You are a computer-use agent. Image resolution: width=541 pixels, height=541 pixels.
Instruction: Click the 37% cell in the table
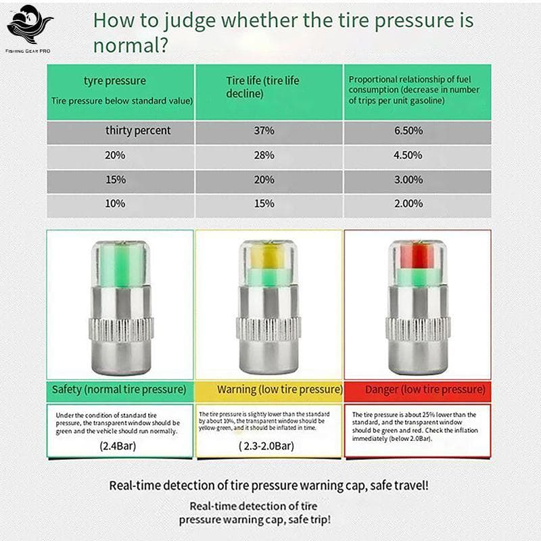point(264,131)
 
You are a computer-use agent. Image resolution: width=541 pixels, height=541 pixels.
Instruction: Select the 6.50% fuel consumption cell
point(408,131)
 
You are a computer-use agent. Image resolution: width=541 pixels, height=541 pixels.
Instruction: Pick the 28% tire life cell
point(264,155)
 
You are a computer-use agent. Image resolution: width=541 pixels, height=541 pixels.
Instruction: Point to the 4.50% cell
point(408,155)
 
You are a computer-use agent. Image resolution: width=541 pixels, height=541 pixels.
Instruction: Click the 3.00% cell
point(408,179)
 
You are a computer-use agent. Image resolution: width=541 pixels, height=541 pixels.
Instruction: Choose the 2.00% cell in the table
point(408,204)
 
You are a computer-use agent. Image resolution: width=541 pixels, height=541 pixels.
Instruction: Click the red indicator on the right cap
point(417,258)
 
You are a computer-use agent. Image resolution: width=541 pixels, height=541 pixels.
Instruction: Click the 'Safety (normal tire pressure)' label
point(119,390)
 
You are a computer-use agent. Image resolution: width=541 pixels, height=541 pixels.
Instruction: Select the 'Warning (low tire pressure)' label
point(279,390)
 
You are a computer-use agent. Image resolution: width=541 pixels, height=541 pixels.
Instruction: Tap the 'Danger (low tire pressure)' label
point(425,390)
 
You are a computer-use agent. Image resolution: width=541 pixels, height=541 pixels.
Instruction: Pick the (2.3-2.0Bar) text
point(266,446)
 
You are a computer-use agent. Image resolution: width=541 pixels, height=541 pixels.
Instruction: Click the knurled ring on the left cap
point(119,329)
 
